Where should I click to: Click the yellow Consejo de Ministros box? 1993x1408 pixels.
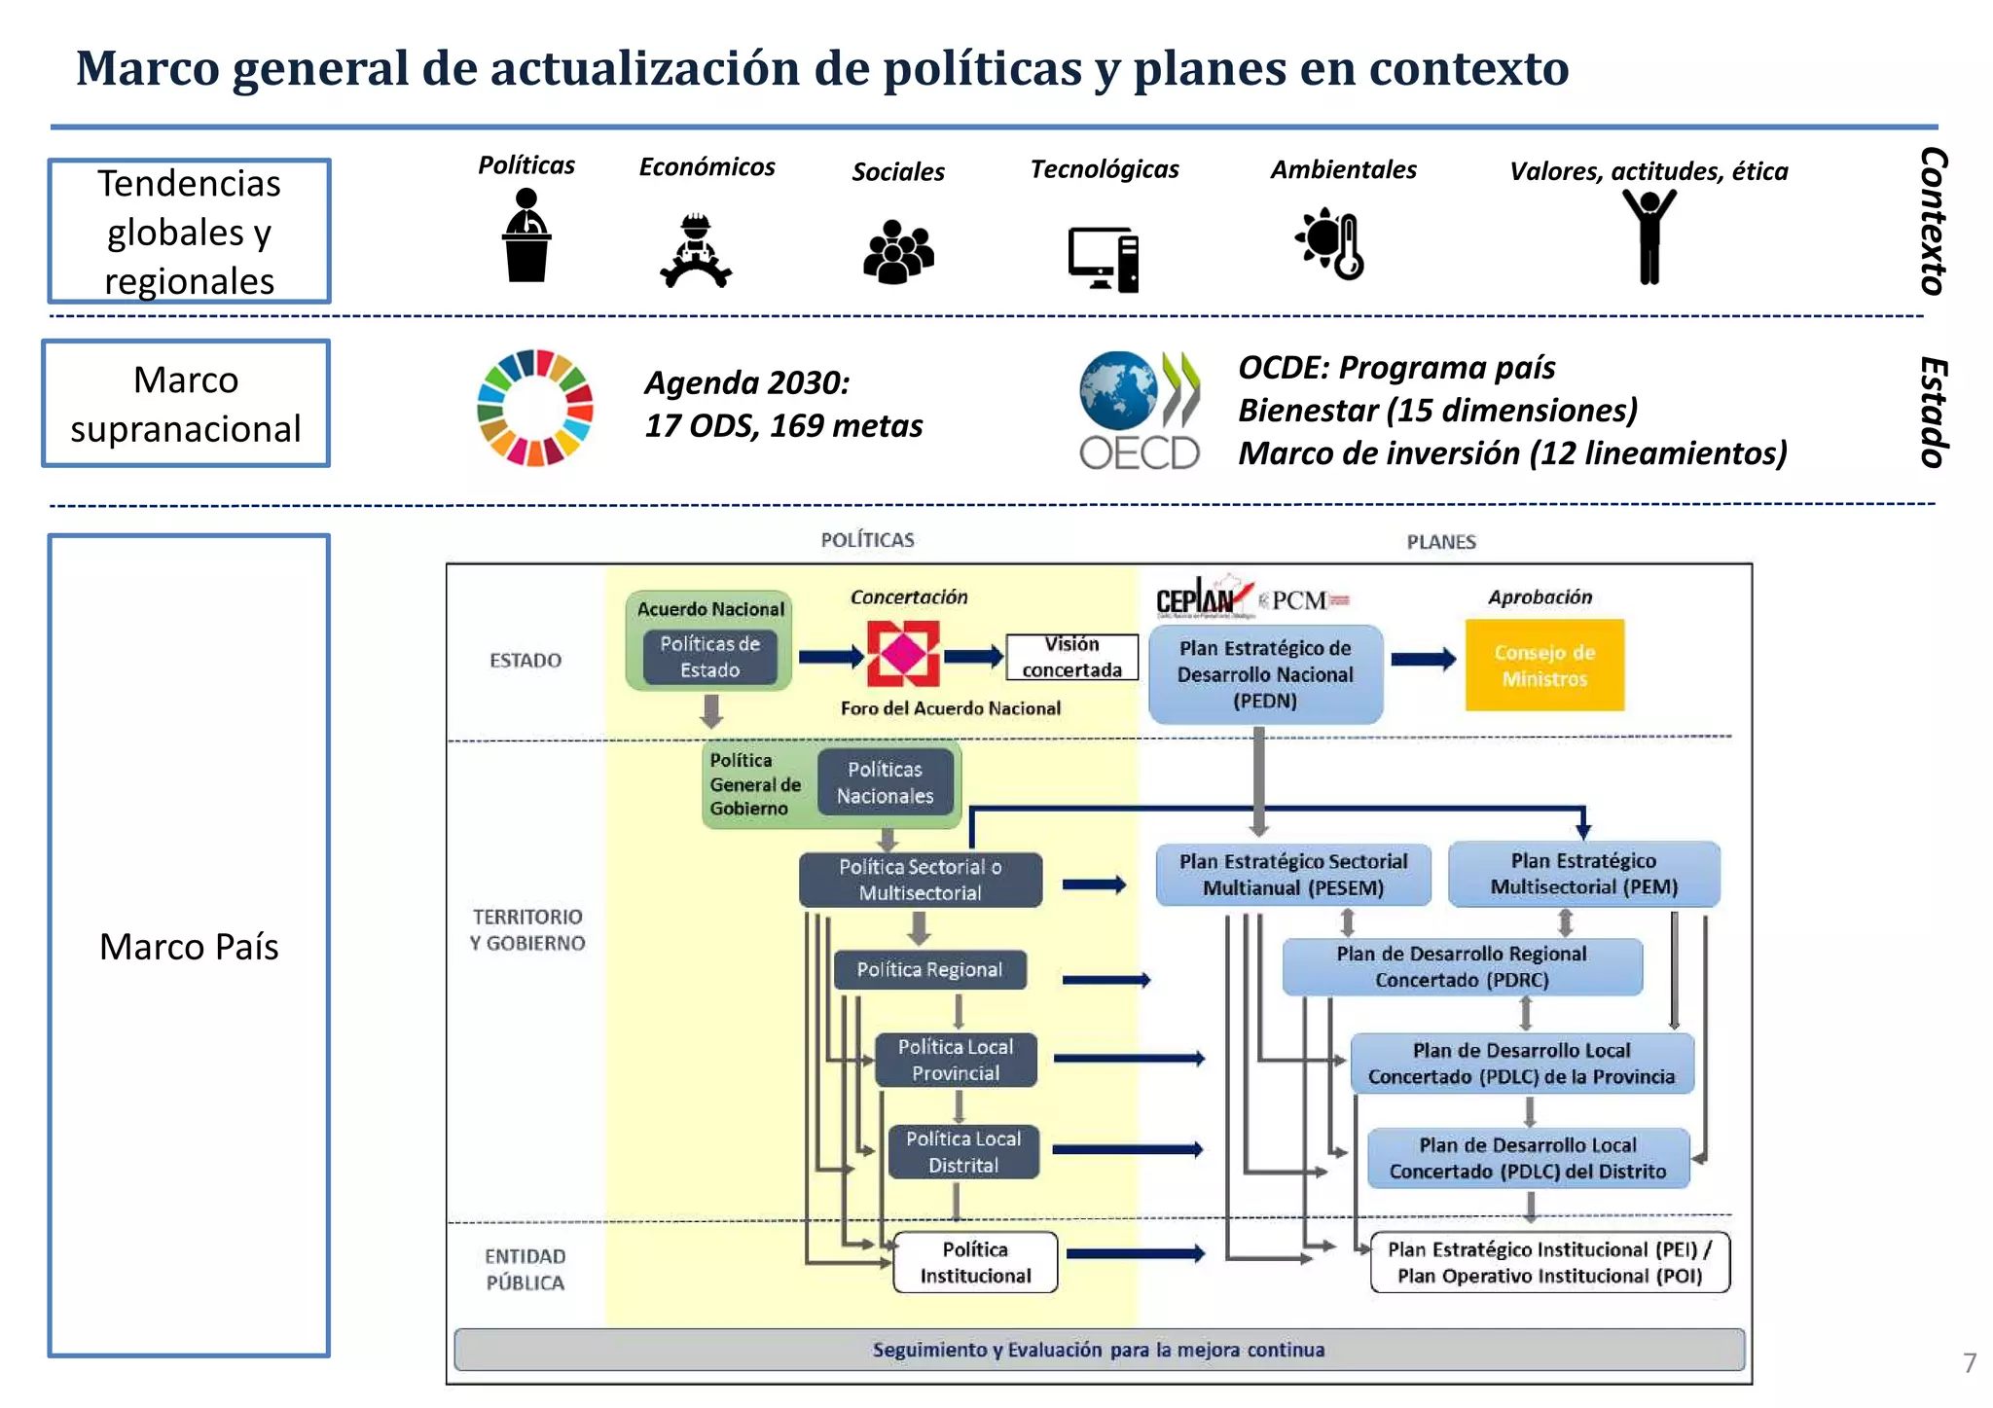point(1543,665)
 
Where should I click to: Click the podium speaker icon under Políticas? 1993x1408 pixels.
point(526,235)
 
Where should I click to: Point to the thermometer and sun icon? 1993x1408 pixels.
point(1330,243)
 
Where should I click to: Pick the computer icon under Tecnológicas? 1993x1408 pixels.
point(1104,259)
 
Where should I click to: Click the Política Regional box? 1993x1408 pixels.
point(929,969)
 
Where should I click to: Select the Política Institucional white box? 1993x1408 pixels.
point(975,1262)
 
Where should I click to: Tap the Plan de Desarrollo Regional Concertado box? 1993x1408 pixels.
point(1461,966)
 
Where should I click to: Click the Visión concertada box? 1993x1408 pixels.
point(1071,657)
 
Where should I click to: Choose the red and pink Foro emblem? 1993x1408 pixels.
point(902,655)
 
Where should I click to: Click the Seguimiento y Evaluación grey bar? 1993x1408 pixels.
point(1098,1350)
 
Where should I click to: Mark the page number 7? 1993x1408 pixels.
point(1969,1362)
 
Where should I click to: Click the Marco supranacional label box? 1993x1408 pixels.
point(186,404)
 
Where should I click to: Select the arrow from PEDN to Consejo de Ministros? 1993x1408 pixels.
point(1423,660)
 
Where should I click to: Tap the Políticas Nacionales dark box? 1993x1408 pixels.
point(885,782)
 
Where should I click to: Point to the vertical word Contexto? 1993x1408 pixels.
point(1933,221)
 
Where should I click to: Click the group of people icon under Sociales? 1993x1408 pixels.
point(898,252)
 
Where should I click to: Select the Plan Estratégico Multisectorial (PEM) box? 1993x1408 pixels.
point(1583,874)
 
